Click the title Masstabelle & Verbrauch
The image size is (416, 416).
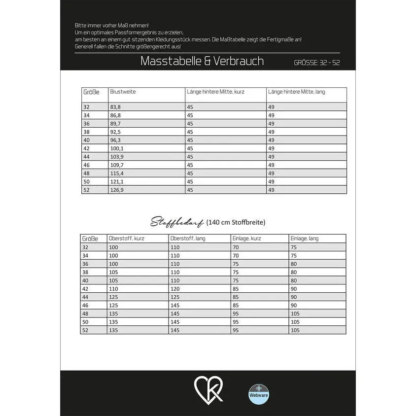pos(202,61)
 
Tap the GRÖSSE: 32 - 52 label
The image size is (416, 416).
pos(317,63)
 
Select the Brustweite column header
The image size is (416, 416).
pos(123,92)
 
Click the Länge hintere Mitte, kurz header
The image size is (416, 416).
pos(215,92)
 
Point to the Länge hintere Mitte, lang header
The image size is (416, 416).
pos(296,92)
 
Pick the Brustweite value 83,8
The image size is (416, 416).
pos(116,107)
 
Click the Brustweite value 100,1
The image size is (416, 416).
pos(117,148)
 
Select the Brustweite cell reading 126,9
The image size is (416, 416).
pos(117,190)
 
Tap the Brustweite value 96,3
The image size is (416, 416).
pos(116,140)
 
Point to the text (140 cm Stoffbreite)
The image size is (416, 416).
pos(236,222)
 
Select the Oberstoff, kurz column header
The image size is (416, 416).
pos(127,239)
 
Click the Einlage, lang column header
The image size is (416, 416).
pos(304,239)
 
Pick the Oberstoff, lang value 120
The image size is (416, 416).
pos(175,289)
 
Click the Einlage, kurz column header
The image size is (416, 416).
pos(246,239)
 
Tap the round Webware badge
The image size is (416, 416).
pos(258,394)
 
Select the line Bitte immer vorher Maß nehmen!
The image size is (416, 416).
pos(111,25)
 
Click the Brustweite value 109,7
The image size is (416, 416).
pos(117,165)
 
